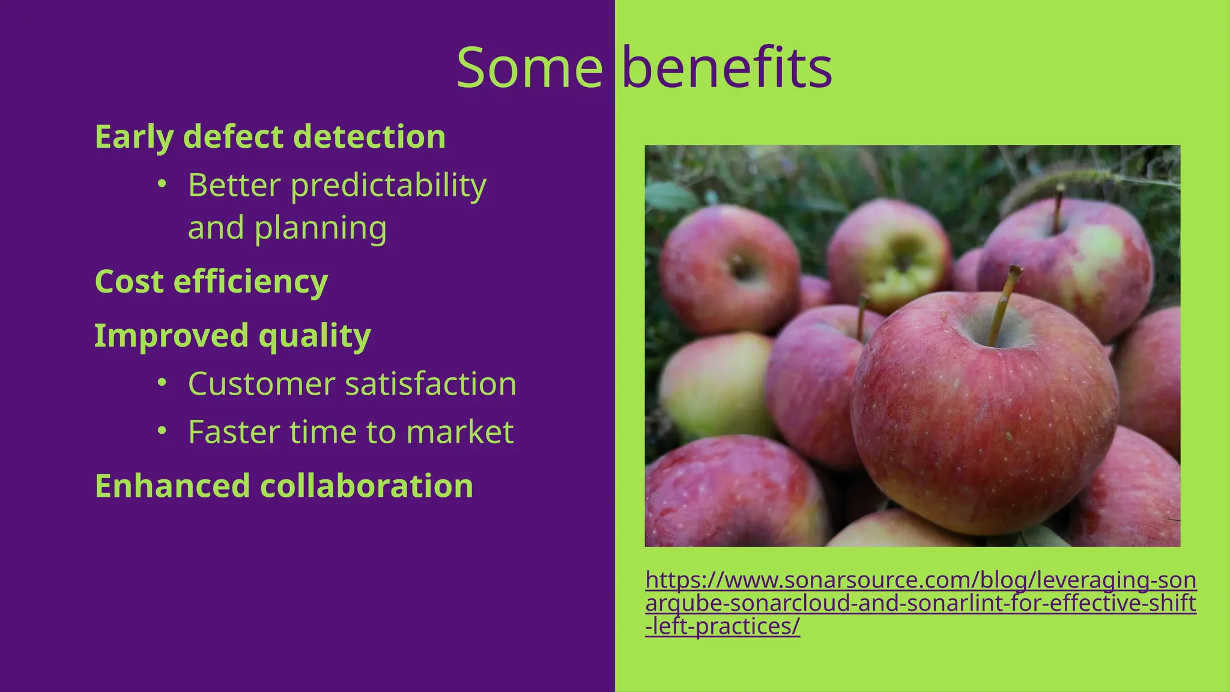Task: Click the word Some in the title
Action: [529, 68]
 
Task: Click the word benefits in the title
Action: [727, 68]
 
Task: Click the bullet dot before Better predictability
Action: [161, 184]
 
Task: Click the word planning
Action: [320, 228]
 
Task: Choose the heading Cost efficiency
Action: [211, 281]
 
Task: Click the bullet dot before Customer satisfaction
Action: [161, 382]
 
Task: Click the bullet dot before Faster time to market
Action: [161, 431]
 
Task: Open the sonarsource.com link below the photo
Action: [920, 602]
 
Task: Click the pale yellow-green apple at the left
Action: [715, 384]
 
